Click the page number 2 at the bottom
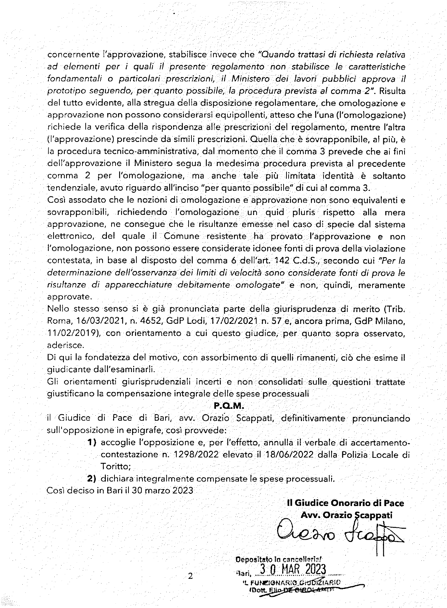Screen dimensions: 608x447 point(190,576)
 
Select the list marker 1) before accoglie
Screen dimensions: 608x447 point(92,442)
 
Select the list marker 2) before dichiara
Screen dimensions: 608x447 point(92,479)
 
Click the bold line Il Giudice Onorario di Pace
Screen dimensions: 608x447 point(346,503)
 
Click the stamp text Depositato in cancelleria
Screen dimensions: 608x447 point(279,560)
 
